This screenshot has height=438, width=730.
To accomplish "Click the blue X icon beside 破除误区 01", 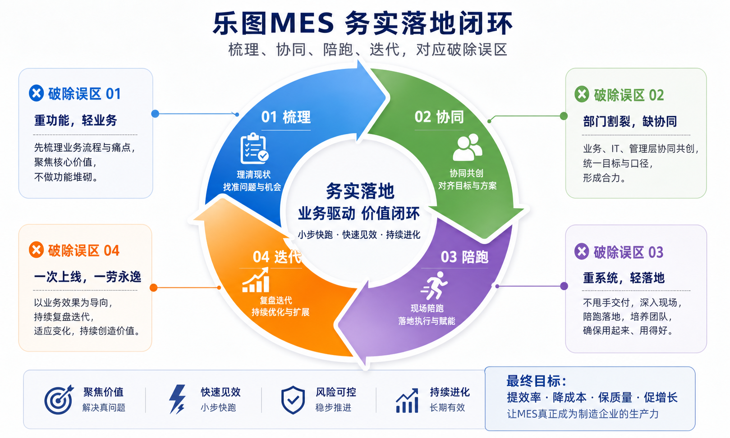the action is point(36,93).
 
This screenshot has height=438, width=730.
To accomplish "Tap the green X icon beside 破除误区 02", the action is point(582,95).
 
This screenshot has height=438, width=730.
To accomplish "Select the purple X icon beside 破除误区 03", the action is point(582,251).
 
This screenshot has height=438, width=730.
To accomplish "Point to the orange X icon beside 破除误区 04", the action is point(36,250).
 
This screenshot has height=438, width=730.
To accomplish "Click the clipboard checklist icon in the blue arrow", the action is point(254,149).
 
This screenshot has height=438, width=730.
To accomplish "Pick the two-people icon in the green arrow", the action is point(467,147).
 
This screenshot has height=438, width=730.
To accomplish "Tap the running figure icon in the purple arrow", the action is point(434,286).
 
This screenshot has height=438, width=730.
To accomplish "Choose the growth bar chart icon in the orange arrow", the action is point(256,280).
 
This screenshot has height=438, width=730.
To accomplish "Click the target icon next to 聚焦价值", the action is point(59,399).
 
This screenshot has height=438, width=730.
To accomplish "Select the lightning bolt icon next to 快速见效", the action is point(177,399).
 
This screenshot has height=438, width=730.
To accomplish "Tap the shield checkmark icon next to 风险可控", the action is point(293,400).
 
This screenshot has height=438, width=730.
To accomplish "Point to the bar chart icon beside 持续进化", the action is point(407,401).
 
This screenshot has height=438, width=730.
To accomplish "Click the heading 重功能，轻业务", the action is point(76,120).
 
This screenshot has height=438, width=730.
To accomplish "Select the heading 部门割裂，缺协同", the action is point(630,122).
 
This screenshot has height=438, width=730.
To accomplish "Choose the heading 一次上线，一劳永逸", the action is point(87,277).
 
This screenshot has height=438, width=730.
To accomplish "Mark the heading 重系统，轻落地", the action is point(624,278).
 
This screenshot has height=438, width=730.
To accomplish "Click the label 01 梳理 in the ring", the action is point(286,117).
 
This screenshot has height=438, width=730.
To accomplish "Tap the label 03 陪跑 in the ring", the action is point(464,257).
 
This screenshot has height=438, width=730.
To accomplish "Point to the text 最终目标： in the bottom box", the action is point(537,381).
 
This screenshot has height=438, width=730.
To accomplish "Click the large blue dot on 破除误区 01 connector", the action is point(155,114).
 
